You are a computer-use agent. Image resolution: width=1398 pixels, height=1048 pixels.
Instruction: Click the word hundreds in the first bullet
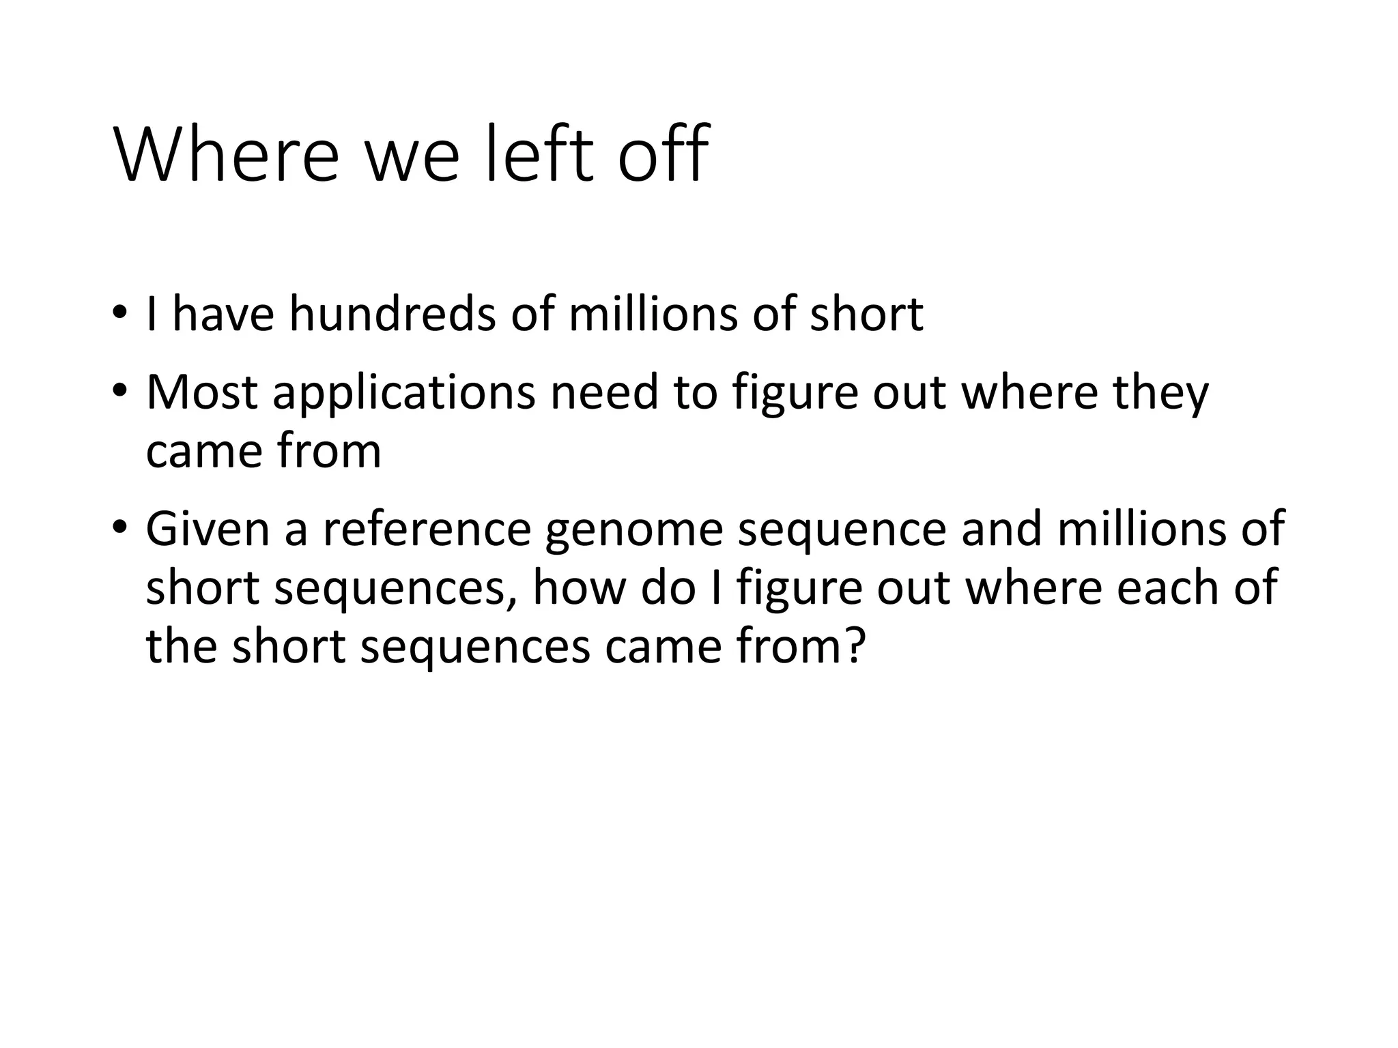392,315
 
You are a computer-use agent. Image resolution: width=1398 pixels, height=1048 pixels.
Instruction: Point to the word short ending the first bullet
866,315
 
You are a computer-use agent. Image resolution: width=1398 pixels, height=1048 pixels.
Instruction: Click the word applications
403,394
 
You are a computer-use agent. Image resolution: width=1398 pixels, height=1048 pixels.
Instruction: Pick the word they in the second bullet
1160,394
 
